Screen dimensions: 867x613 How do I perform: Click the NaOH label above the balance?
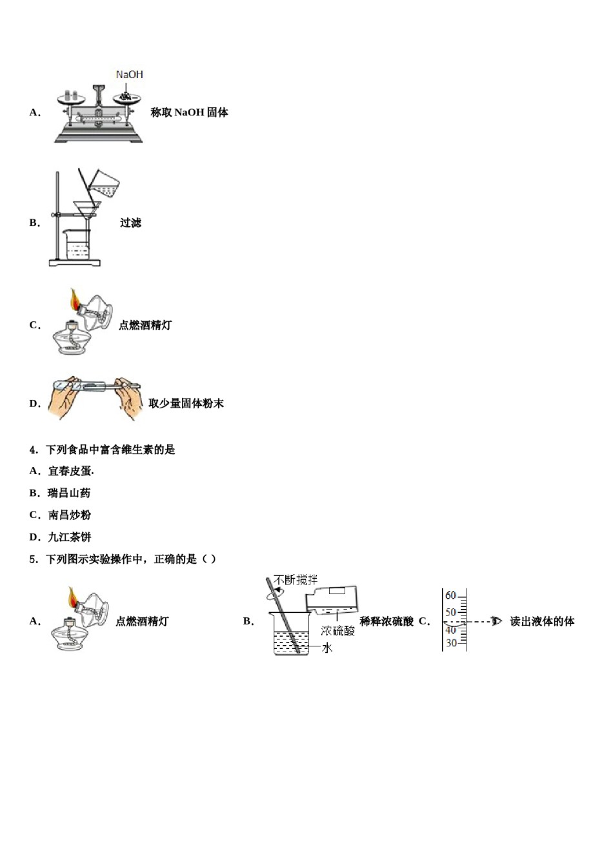129,75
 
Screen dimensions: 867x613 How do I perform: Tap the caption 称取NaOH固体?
189,112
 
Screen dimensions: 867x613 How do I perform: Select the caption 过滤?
130,223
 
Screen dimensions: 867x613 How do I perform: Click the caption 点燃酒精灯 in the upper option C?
145,325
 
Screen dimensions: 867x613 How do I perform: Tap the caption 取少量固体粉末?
186,404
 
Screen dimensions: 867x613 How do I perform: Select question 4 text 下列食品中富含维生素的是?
110,450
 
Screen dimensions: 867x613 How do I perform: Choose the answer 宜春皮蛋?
70,472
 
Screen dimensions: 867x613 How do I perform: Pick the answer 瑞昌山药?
69,493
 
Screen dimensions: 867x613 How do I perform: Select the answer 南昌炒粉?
69,515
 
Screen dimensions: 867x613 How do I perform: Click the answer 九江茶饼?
69,537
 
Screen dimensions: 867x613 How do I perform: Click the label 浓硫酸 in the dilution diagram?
338,631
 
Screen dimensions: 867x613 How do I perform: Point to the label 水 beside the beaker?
327,648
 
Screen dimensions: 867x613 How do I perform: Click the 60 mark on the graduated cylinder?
450,595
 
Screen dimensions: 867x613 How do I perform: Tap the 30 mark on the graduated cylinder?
450,643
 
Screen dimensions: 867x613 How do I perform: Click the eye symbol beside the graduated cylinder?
496,621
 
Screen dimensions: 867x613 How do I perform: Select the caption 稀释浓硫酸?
387,622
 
